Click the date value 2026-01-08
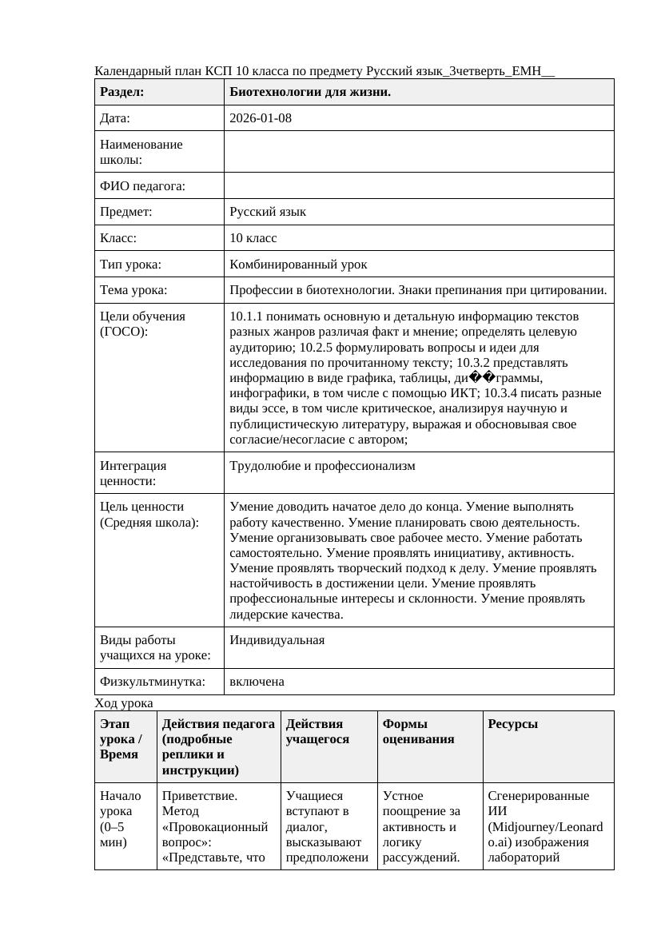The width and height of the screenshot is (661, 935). pos(261,118)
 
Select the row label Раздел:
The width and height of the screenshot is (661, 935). pos(122,92)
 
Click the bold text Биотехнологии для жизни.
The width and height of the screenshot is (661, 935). pos(310,92)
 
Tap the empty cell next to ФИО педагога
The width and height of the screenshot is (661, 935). pos(419,185)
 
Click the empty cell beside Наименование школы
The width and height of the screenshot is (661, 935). pos(419,152)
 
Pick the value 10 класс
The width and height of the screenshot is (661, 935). pos(253,238)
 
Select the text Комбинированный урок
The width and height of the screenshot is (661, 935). pos(298,264)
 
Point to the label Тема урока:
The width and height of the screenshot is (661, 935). pos(133,290)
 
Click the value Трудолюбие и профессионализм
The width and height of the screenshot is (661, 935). pos(322,465)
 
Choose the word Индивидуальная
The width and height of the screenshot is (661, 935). pos(277,640)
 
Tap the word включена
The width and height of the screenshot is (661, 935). pos(257,682)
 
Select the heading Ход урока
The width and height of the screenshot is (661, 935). pos(124,702)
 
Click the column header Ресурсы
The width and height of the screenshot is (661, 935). pos(512,723)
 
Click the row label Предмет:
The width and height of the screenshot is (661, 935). pos(126,212)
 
